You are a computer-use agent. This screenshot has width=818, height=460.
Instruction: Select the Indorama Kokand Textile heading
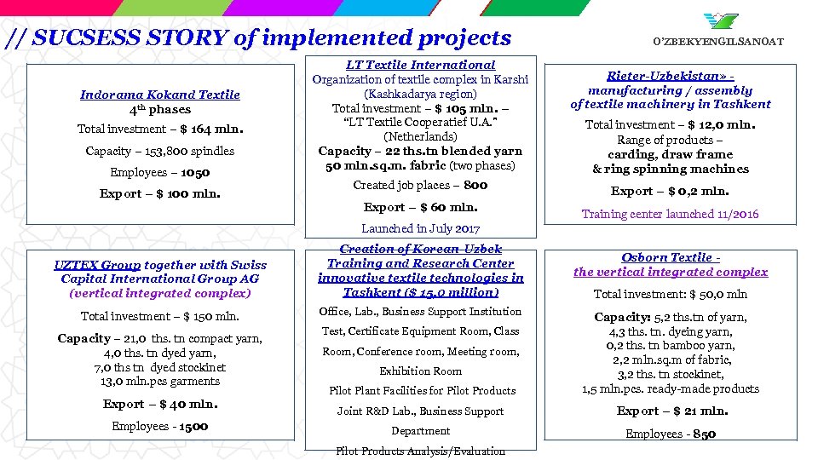[159, 95]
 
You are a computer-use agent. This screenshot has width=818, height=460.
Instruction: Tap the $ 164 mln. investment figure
[211, 129]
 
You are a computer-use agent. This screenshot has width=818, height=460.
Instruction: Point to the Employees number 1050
[194, 172]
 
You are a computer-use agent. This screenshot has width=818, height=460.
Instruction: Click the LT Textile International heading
[420, 65]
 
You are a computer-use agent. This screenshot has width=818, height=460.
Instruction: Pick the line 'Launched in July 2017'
[420, 228]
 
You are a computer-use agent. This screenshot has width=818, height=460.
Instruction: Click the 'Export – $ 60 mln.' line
[420, 207]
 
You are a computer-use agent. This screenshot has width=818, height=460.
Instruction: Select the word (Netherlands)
[420, 136]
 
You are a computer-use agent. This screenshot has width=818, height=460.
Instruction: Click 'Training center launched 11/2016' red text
[670, 214]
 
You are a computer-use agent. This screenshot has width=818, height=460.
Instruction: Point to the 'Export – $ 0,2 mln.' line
[670, 191]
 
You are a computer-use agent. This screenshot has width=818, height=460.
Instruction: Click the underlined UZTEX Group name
[97, 265]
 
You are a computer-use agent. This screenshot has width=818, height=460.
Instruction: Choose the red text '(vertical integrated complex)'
[160, 292]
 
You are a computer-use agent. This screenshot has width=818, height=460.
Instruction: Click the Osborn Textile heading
[669, 257]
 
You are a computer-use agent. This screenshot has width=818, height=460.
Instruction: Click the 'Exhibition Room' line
[420, 371]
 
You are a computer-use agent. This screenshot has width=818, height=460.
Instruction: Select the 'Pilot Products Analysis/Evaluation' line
[420, 451]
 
